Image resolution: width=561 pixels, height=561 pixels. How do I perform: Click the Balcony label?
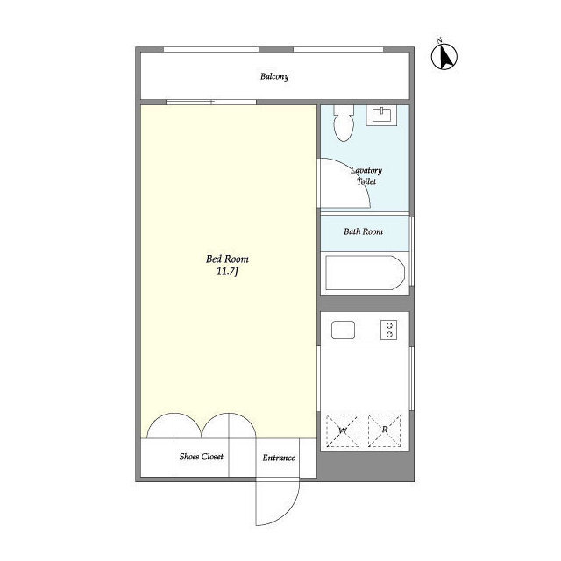point(274,76)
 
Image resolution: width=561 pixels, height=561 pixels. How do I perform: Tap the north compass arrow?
point(444,56)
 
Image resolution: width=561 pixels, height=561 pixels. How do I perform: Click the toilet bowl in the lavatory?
point(344,123)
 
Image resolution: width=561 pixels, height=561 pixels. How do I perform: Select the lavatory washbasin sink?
point(381,115)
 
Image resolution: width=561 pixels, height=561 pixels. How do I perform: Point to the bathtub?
point(365,273)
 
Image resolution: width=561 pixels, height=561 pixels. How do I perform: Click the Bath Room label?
point(363,231)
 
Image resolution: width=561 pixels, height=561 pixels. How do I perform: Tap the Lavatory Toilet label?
point(366,175)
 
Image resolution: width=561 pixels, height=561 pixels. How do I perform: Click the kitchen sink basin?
point(343,330)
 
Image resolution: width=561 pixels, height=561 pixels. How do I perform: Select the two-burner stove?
point(389,330)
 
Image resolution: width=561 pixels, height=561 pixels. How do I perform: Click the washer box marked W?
point(343,430)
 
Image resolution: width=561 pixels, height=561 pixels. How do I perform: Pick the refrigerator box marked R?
point(384,430)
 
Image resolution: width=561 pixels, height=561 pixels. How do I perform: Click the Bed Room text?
point(227,259)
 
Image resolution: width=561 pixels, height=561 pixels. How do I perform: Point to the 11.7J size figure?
point(227,272)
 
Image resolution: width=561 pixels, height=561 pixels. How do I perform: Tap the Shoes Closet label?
point(202,457)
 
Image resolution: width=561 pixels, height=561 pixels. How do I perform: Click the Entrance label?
point(279,458)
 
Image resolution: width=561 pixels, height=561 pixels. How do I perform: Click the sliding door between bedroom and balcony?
point(211,103)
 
